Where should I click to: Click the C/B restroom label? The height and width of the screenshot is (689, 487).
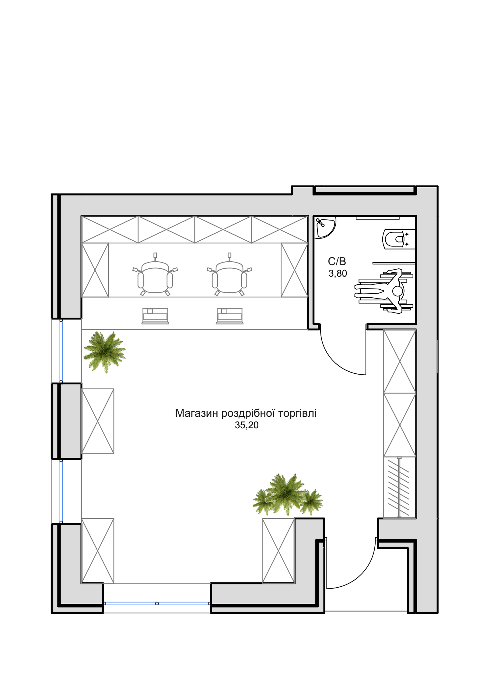[x=337, y=261]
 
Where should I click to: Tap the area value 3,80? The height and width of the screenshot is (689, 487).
[x=338, y=274]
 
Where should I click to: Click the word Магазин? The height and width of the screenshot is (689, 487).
[x=197, y=413]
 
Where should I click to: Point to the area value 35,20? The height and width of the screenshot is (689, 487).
[x=247, y=425]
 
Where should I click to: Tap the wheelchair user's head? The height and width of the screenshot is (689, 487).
[x=398, y=291]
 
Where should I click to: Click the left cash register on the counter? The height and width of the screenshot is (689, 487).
[x=155, y=316]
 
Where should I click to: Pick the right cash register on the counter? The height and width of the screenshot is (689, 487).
[x=229, y=316]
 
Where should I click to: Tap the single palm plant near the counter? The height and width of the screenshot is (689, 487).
[x=104, y=352]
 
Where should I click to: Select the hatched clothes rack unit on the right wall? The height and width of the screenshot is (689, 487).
[x=399, y=487]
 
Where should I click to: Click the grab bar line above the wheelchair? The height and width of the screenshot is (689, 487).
[x=394, y=263]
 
